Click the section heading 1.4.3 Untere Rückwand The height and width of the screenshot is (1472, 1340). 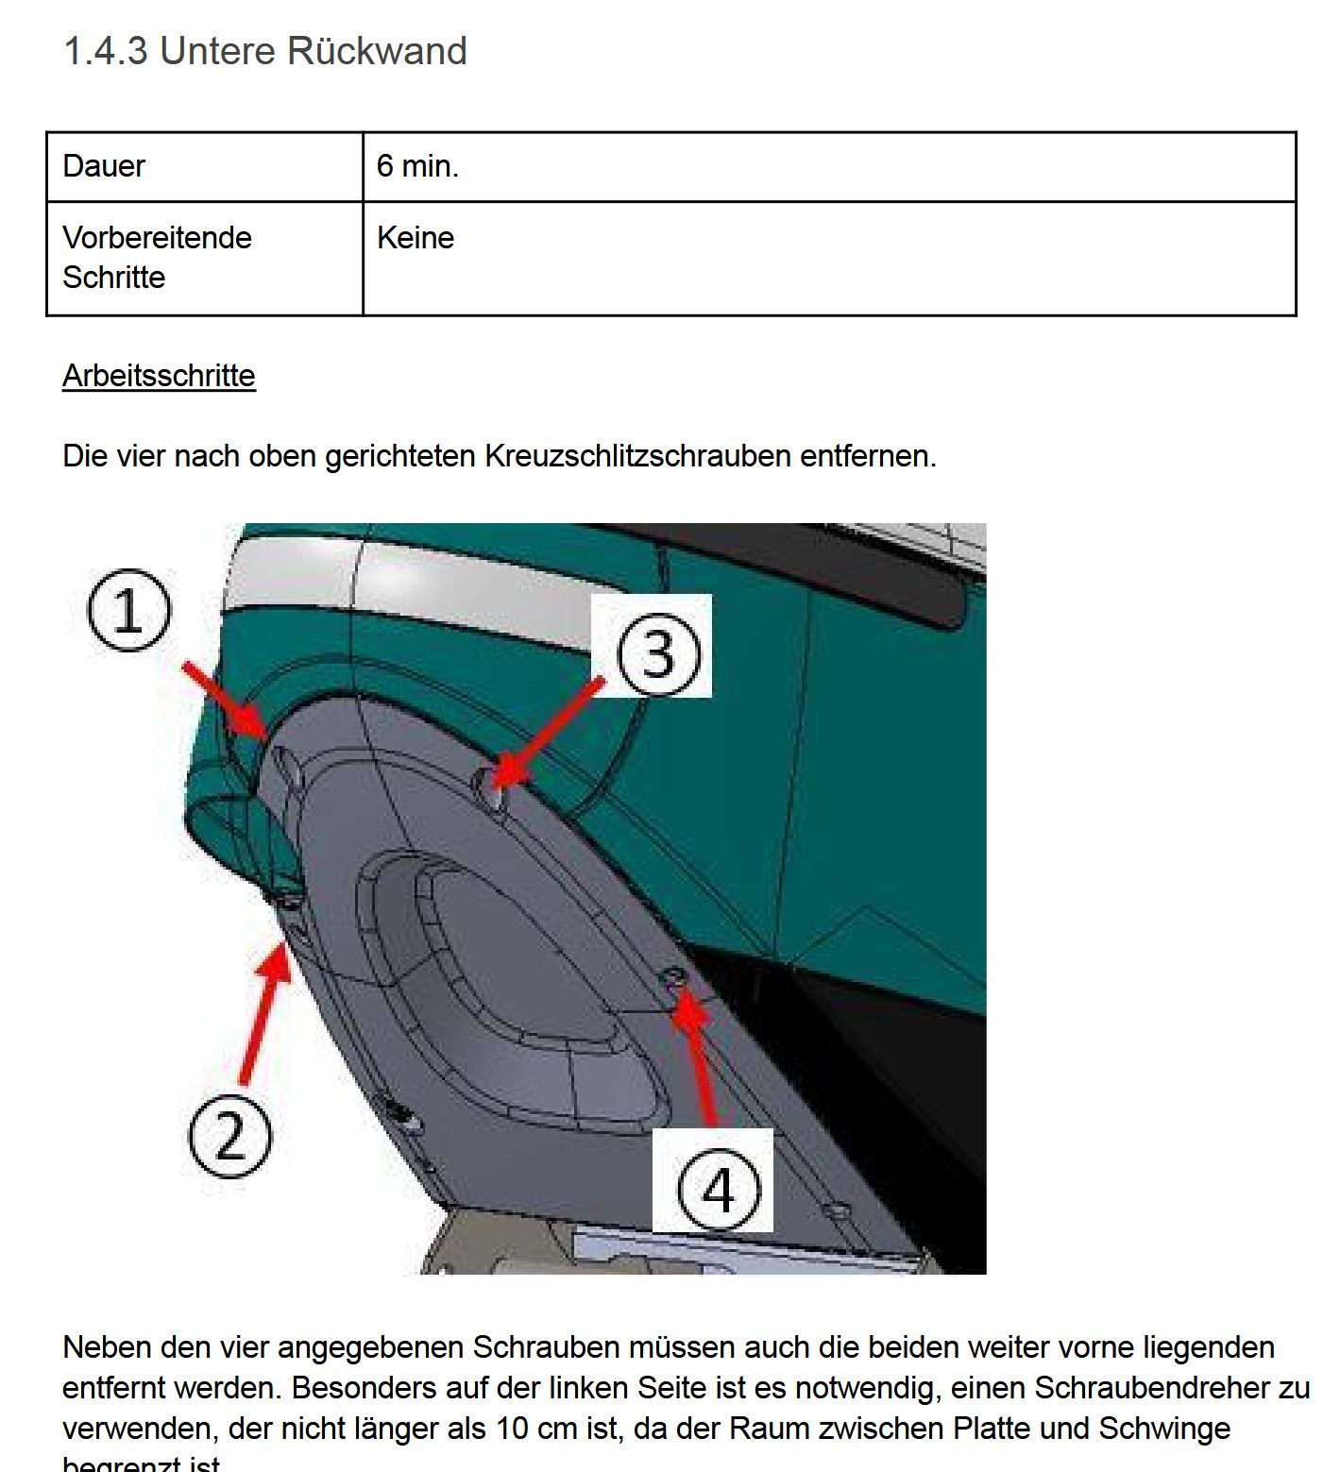point(264,51)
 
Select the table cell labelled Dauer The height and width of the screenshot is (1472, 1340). point(104,166)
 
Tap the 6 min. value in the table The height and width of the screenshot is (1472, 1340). point(417,166)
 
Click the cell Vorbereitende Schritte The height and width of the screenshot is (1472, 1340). point(157,257)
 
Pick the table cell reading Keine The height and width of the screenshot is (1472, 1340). point(416,238)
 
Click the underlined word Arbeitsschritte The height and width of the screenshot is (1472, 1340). point(159,376)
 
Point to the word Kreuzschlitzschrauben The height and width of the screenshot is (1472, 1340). point(637,456)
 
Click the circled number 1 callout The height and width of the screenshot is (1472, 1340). point(129,610)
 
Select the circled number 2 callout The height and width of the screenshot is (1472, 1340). point(229,1136)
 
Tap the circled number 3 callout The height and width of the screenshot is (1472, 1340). point(659,653)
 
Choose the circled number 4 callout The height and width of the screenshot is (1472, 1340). point(719,1188)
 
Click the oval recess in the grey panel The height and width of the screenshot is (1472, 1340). point(510,982)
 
